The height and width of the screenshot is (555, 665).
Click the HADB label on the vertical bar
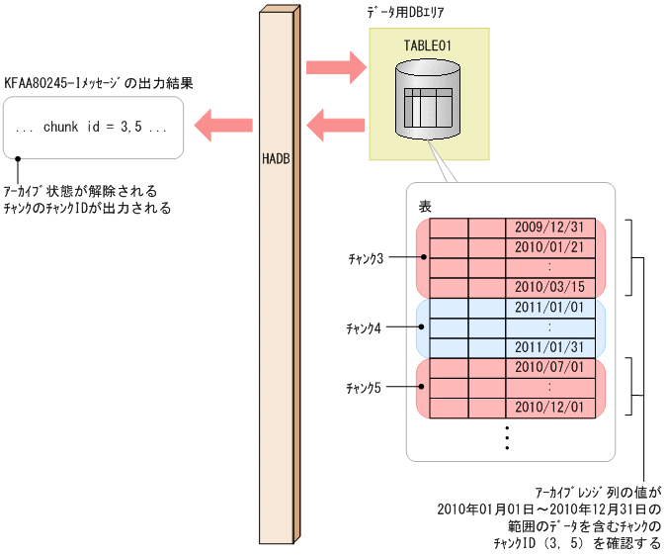coord(276,157)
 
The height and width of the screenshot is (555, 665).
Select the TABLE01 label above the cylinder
coord(428,46)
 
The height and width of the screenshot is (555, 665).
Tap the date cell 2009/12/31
coord(549,227)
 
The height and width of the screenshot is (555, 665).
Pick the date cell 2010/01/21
coord(549,247)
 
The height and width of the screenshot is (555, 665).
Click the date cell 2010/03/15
coord(549,287)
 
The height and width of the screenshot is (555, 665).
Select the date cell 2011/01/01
coord(549,308)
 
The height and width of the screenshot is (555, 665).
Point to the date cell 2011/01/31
coord(549,347)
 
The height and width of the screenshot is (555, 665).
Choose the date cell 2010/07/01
coord(549,368)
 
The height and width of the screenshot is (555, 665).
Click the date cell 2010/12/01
coord(549,407)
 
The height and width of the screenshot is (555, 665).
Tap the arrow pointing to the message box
coord(223,125)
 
